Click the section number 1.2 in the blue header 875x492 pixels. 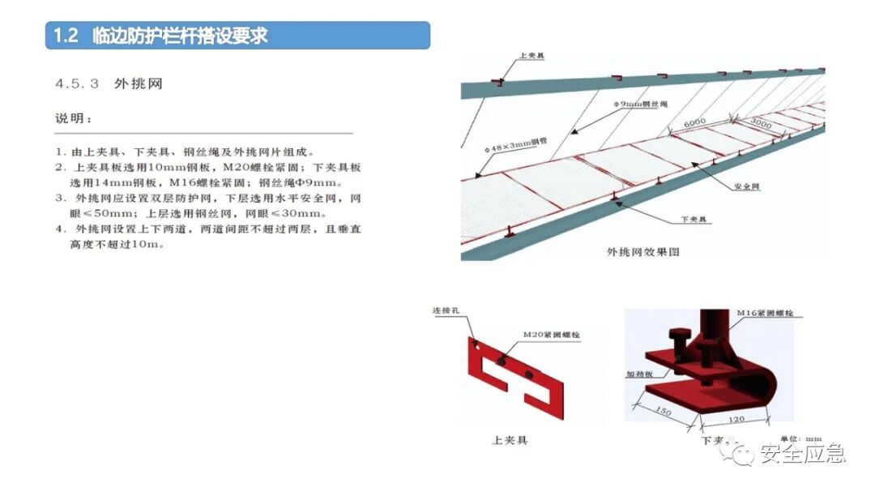pos(65,36)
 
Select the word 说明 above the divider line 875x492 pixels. pos(74,119)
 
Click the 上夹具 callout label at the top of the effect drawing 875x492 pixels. pos(531,58)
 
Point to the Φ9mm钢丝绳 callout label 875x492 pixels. pos(641,105)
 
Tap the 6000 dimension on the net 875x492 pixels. pos(694,122)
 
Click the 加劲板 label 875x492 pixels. pos(638,375)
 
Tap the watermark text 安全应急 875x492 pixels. pos(802,454)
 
